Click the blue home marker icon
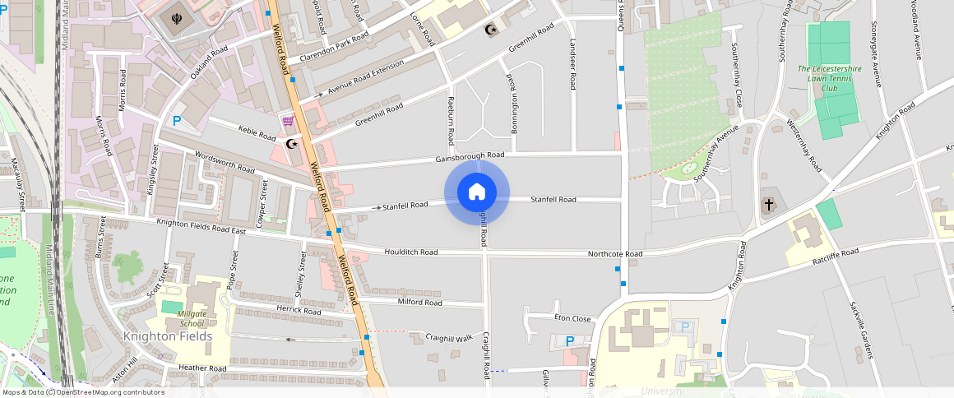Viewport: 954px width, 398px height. point(477,192)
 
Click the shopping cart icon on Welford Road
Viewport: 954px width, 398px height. point(287,122)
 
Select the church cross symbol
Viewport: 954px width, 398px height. point(769,204)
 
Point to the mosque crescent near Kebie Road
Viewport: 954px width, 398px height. point(289,144)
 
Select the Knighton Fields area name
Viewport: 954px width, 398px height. point(168,336)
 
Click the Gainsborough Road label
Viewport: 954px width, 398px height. point(470,155)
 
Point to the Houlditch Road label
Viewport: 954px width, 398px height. point(410,252)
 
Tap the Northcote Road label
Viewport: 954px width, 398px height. point(614,254)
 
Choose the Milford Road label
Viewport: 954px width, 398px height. point(420,303)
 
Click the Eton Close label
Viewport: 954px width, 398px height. point(572,318)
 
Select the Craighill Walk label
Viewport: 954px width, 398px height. point(448,338)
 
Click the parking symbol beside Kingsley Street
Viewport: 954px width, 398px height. point(177,121)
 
